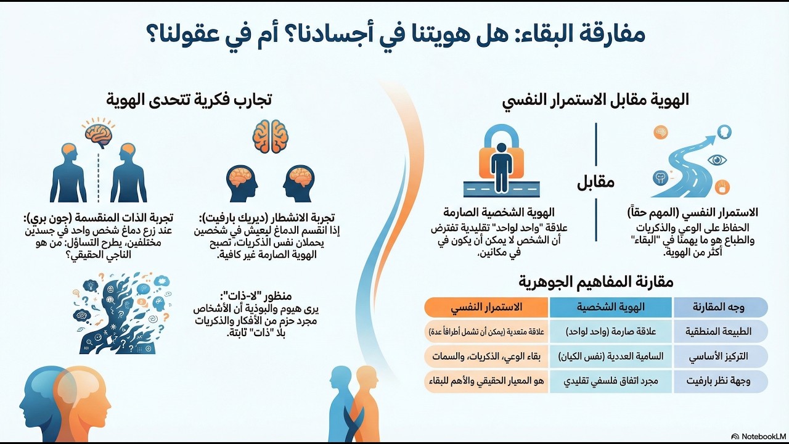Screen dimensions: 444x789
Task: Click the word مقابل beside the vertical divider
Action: (x=595, y=183)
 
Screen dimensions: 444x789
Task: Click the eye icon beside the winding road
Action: (x=717, y=160)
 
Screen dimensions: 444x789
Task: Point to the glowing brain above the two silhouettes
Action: (x=99, y=132)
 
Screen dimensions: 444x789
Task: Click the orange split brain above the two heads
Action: (x=271, y=136)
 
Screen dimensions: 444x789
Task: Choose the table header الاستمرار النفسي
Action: (x=487, y=307)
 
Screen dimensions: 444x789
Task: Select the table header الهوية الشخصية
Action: (x=610, y=307)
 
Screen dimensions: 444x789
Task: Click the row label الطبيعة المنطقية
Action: (x=719, y=332)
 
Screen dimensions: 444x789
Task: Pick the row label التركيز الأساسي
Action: (x=719, y=356)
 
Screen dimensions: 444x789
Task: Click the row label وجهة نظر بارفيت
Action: (x=719, y=381)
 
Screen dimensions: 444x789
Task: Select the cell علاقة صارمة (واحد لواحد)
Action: (x=610, y=332)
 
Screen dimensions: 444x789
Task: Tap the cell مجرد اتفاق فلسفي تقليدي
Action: (x=610, y=381)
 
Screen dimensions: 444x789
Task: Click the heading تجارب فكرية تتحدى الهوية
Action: (x=189, y=99)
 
